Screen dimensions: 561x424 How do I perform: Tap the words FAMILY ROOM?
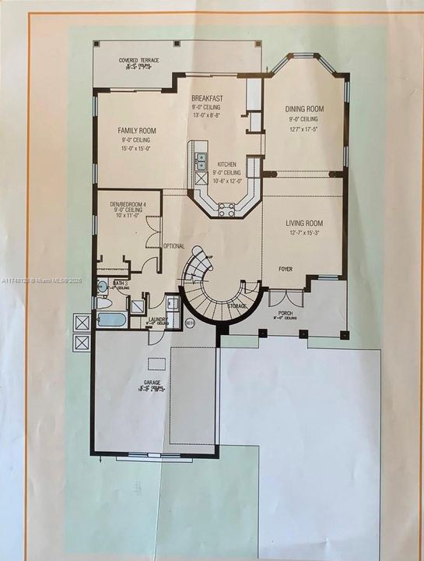(137, 130)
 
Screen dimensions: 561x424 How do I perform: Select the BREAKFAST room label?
(207, 97)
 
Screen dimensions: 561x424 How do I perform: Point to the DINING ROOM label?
(305, 108)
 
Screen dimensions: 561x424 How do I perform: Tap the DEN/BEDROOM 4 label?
(127, 204)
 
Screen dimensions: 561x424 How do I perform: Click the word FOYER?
(286, 269)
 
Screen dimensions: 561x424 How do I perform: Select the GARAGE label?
(152, 383)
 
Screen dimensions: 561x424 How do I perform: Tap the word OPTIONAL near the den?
(173, 246)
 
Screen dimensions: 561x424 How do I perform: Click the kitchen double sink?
(201, 161)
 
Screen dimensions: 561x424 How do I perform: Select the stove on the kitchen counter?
(226, 208)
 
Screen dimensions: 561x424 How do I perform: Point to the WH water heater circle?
(191, 323)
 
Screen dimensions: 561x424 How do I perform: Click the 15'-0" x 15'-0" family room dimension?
(137, 149)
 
